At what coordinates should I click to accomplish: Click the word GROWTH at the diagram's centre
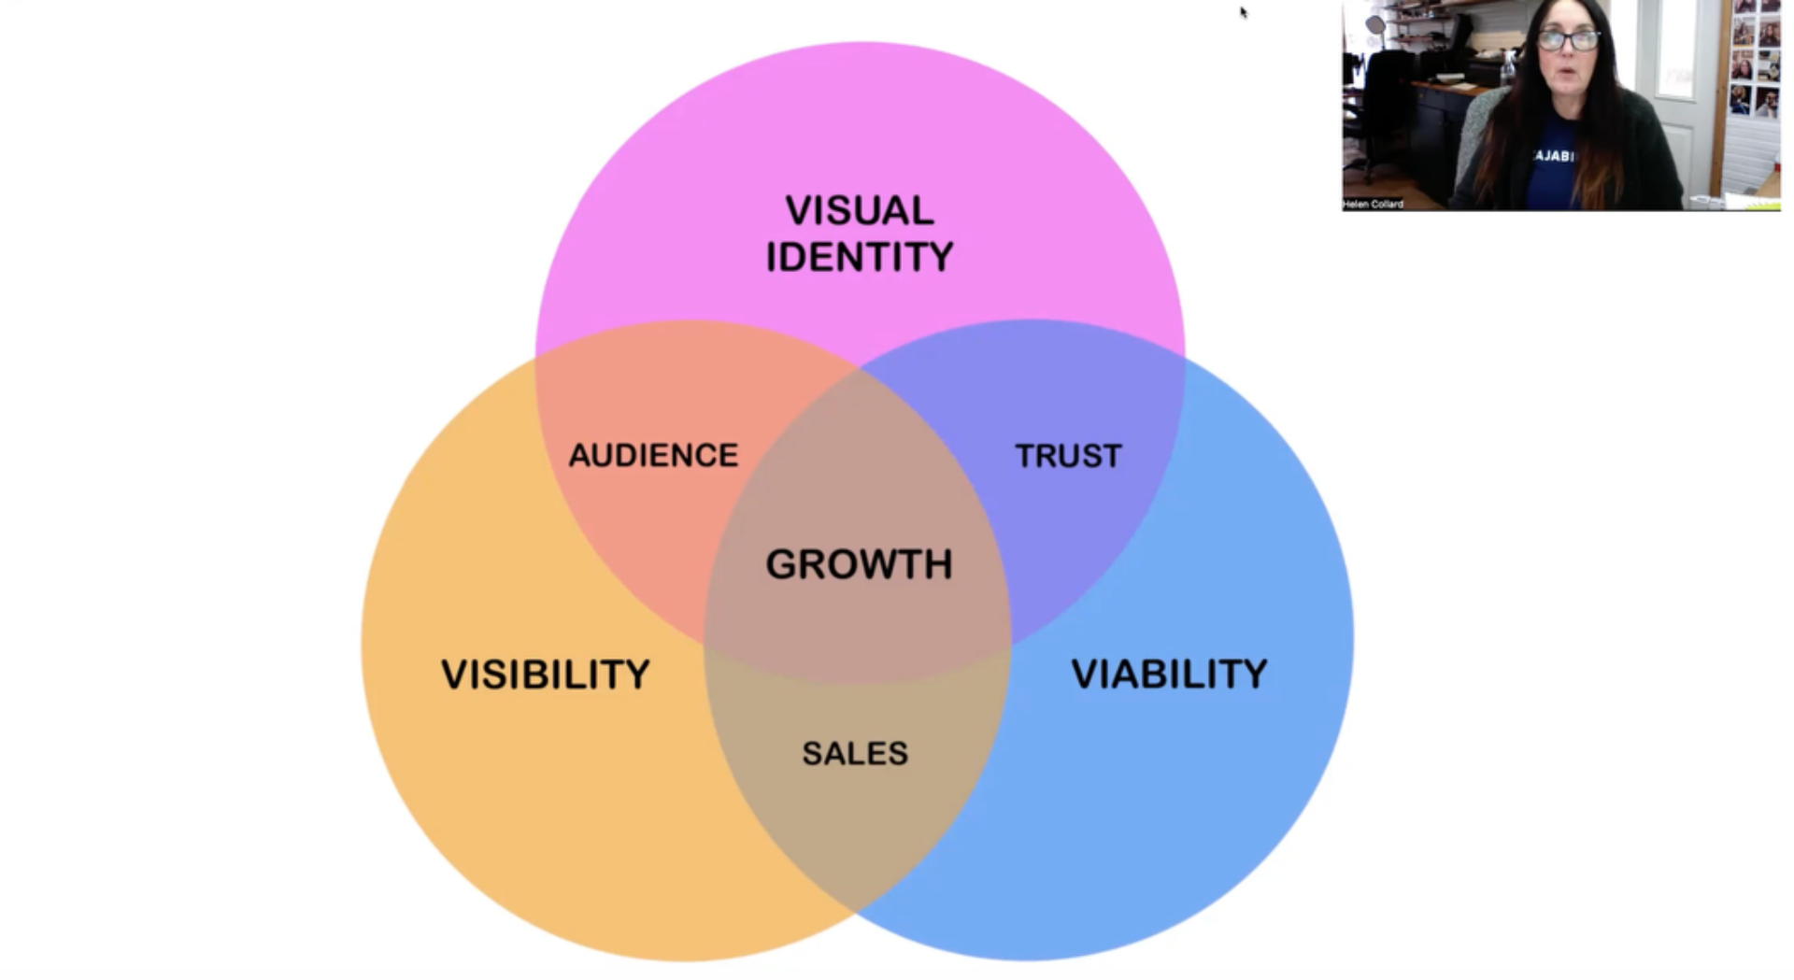(859, 564)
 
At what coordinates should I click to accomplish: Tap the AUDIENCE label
(653, 456)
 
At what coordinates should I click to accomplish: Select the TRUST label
(1068, 456)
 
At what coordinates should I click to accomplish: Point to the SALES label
(855, 753)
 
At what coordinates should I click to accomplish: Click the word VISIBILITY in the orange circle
(546, 675)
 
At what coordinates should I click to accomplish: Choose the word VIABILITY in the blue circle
(1169, 674)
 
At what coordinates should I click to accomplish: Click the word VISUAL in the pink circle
(859, 210)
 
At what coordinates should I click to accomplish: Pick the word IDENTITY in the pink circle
(860, 257)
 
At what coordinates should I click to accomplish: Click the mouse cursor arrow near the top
(1244, 12)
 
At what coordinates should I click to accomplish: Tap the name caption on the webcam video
(1374, 204)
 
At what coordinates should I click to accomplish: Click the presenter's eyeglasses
(1568, 40)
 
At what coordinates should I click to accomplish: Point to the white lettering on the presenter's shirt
(1555, 156)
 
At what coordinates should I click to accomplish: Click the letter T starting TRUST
(1023, 456)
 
